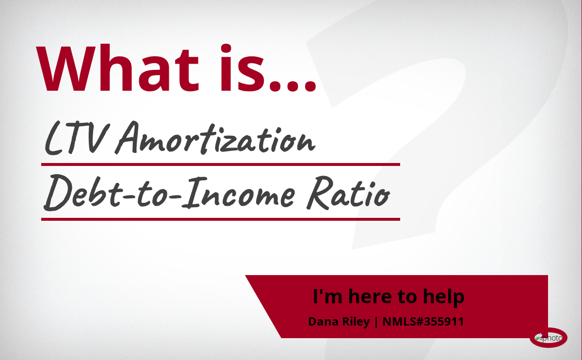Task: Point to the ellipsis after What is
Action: [293, 86]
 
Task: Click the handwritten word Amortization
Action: [215, 138]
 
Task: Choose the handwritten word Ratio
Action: [348, 193]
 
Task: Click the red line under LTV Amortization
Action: [221, 164]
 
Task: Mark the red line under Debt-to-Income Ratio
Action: [221, 219]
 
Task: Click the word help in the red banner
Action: [443, 297]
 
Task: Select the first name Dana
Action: [323, 322]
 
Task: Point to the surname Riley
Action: [356, 322]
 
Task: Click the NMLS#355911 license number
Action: [423, 322]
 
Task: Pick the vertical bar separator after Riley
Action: [376, 322]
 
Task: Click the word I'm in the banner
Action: [327, 296]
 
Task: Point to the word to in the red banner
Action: [407, 297]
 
